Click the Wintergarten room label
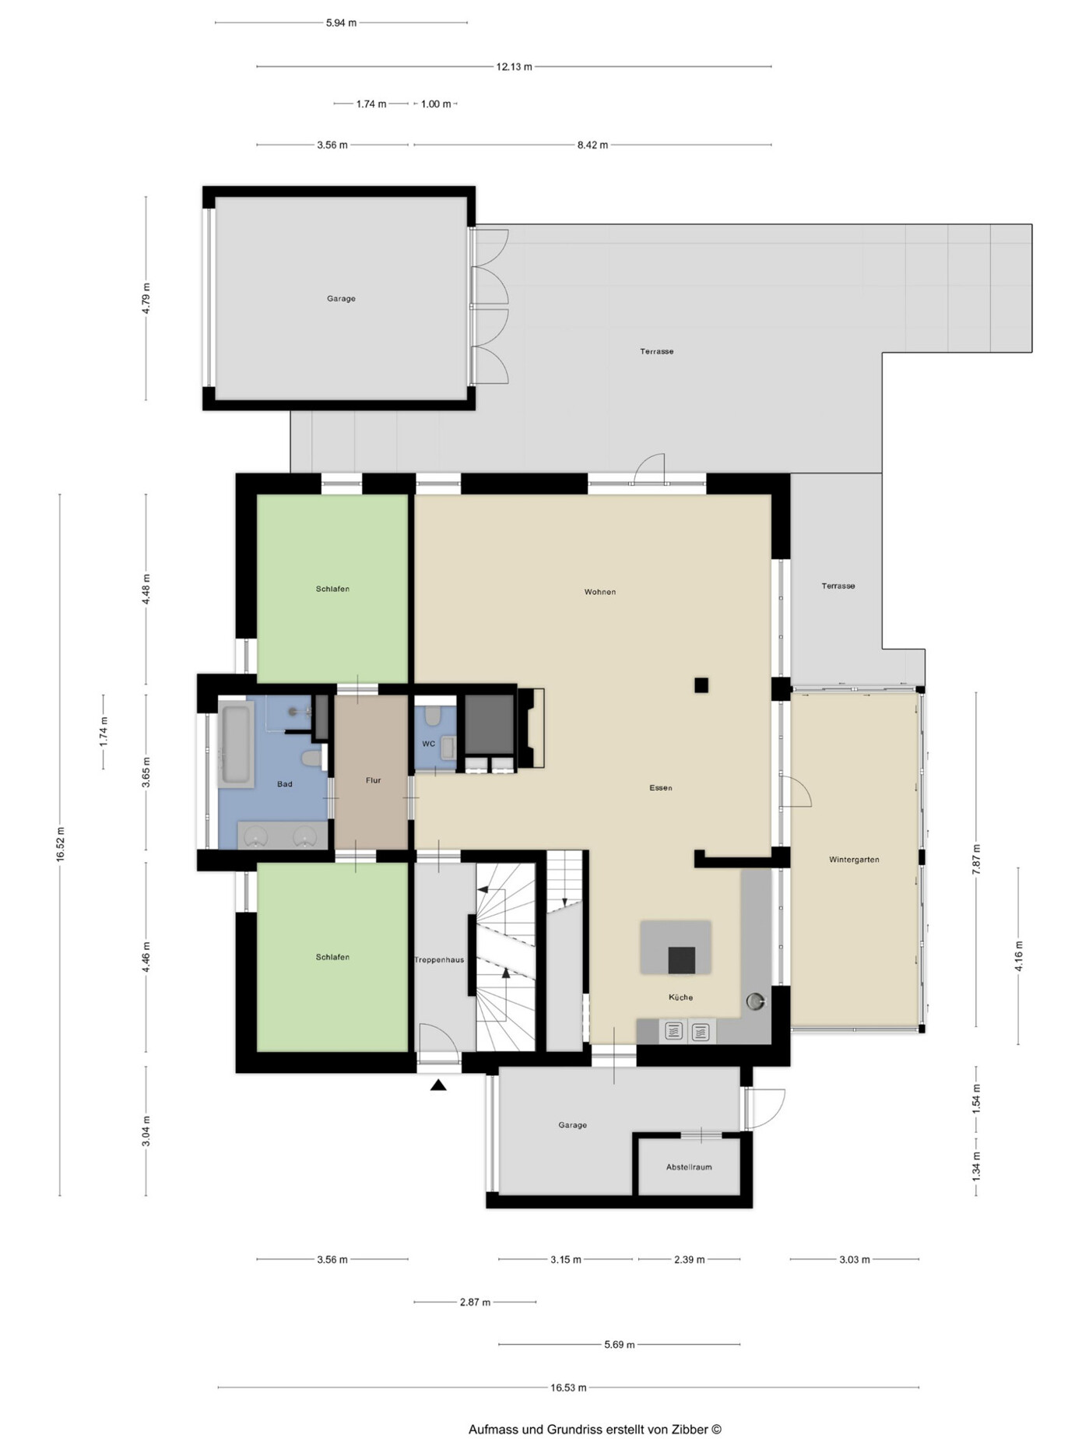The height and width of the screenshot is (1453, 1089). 854,860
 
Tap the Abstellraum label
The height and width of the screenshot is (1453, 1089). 689,1166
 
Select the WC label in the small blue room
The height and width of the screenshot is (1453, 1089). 428,744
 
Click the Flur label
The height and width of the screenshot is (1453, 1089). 373,780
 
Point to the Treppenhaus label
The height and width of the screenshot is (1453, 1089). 439,960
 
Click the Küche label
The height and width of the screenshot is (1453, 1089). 680,997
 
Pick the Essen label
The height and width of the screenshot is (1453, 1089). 661,788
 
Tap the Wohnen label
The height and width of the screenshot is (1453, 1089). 600,592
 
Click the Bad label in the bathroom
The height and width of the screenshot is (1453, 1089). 285,784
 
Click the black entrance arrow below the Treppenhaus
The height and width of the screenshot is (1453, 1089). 438,1085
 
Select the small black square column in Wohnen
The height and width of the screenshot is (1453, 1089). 701,685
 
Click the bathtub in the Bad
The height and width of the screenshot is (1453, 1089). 236,744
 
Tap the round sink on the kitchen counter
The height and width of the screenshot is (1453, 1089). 755,1001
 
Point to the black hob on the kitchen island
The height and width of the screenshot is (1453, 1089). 681,960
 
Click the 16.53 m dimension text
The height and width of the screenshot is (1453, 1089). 568,1387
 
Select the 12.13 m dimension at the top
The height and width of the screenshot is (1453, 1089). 514,67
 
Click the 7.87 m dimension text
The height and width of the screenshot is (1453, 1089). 977,859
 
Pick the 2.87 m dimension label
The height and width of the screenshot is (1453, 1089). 475,1302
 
